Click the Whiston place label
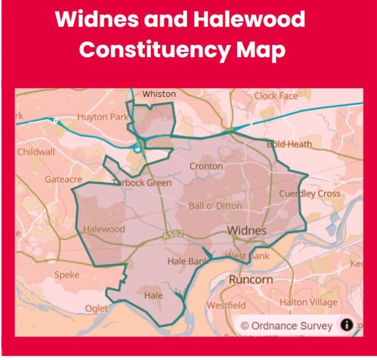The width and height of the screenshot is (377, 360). [x=159, y=94]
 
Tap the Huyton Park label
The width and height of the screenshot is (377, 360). [x=102, y=117]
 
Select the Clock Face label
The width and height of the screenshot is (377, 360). [x=276, y=96]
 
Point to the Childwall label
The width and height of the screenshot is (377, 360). [x=36, y=152]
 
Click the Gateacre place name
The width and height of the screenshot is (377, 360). [x=63, y=179]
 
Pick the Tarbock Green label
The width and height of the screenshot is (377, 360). [x=141, y=183]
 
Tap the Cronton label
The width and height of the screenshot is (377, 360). [x=206, y=166]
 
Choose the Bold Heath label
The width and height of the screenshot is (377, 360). [x=289, y=144]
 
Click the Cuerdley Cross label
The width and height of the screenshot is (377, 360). [x=309, y=193]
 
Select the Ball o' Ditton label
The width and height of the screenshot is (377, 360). [x=215, y=206]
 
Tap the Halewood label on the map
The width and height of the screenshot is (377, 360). [x=104, y=229]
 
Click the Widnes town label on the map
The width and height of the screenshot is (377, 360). [x=246, y=231]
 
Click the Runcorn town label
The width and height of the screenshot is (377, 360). [x=251, y=279]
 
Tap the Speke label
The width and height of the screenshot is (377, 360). [x=66, y=275]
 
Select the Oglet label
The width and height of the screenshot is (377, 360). [x=96, y=309]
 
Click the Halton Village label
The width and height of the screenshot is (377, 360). [x=309, y=302]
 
